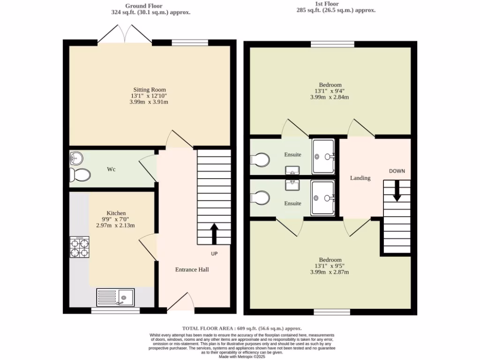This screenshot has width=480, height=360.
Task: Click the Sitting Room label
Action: [x=150, y=90]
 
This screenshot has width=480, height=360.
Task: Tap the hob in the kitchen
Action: [x=79, y=247]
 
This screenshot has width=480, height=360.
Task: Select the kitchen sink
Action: [x=115, y=297]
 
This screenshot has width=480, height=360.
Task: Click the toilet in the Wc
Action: [x=79, y=175]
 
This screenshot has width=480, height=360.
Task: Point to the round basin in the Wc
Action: [x=75, y=157]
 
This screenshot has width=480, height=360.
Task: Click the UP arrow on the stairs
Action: [x=214, y=233]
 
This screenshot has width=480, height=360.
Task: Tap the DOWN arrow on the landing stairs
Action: [x=397, y=191]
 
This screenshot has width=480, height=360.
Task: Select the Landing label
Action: [x=360, y=178]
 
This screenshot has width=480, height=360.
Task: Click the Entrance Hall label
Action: [x=192, y=270]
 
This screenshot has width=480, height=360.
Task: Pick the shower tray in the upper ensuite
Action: [x=323, y=156]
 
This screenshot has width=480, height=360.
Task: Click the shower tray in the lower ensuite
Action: [x=323, y=198]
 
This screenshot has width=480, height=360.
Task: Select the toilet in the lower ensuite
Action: [x=260, y=197]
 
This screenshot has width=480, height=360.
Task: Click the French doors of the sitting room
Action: [x=125, y=35]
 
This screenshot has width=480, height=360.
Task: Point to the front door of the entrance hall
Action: [x=181, y=302]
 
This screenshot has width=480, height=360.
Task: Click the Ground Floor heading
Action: [x=151, y=6]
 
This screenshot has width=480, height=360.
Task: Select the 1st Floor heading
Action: [x=337, y=3]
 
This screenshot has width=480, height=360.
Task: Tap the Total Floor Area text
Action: [x=241, y=329]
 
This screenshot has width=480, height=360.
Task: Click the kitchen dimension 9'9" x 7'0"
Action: [x=115, y=219]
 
